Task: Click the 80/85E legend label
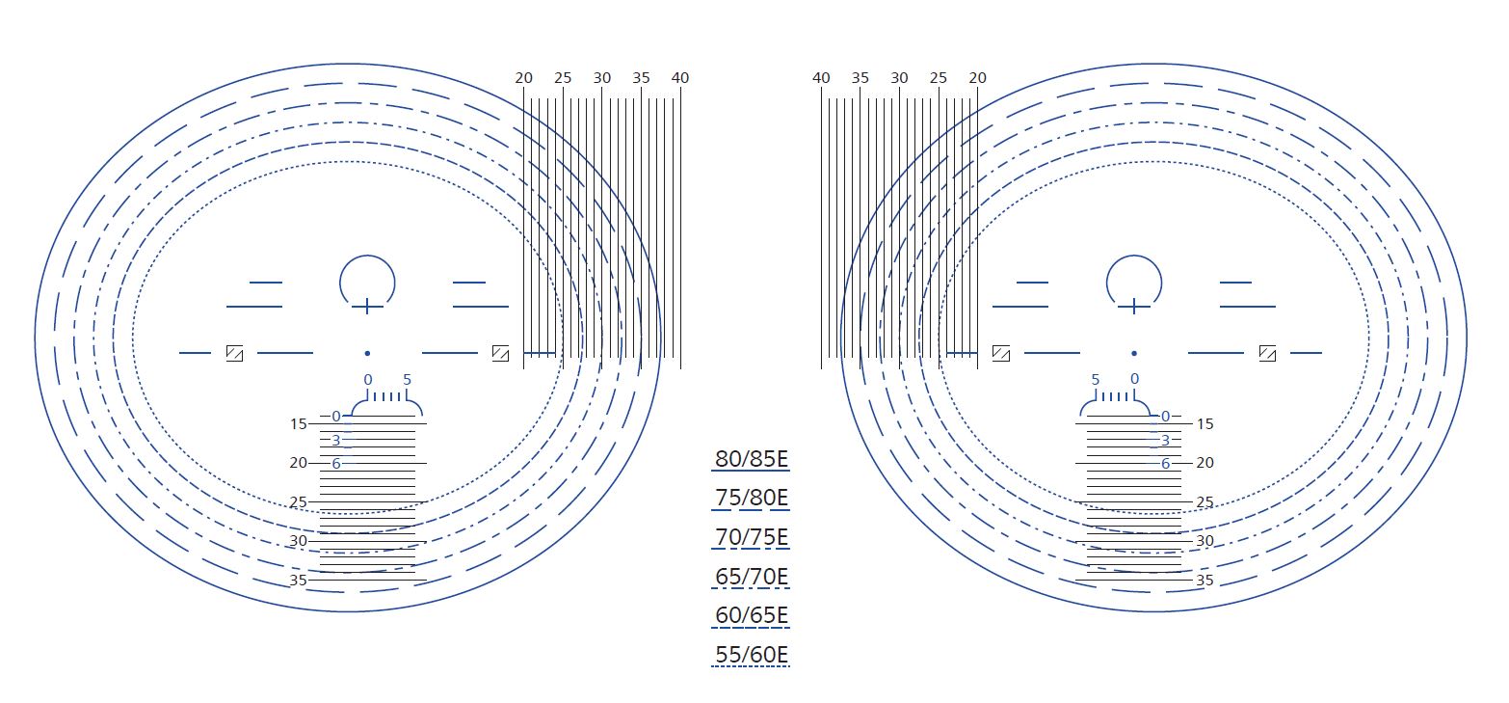[752, 459]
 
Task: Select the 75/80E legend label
[752, 498]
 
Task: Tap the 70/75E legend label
[752, 537]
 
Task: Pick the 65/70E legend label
[752, 577]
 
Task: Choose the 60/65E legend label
[752, 614]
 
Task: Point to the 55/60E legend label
[752, 655]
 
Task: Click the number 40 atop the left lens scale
[680, 78]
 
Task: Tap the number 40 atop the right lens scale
[821, 78]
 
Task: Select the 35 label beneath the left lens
[299, 581]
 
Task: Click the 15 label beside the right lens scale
[1205, 424]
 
